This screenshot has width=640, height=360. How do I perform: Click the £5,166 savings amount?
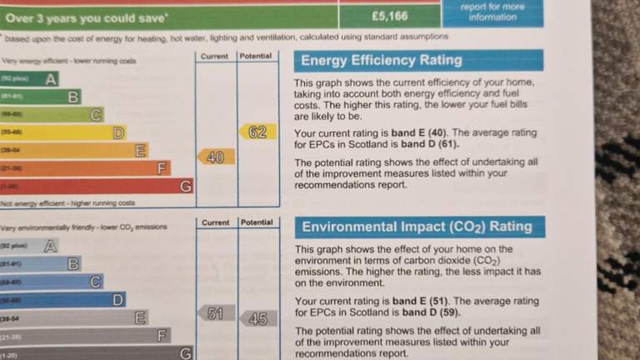[x=389, y=15]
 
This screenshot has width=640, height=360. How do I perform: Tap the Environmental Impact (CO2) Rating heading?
[x=417, y=227]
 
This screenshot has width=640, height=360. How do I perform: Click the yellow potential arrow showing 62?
[x=257, y=132]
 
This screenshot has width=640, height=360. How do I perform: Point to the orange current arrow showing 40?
[x=215, y=157]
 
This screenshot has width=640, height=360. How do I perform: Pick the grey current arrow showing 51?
[x=215, y=313]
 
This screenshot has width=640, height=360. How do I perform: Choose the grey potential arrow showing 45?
[x=258, y=318]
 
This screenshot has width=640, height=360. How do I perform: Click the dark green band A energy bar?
[x=30, y=79]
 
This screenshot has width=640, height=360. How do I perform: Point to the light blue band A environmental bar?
[x=30, y=246]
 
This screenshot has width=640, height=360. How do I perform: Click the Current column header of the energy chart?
[x=215, y=56]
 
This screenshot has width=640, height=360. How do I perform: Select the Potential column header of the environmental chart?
[x=257, y=222]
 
